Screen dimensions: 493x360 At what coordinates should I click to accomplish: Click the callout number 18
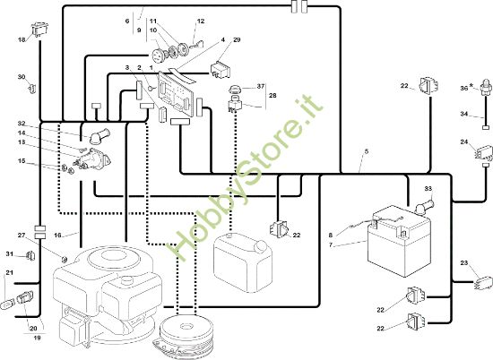[x=22, y=40]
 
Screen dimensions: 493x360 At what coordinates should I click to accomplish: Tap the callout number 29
[x=237, y=40]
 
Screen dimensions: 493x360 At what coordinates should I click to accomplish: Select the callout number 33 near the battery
[x=428, y=188]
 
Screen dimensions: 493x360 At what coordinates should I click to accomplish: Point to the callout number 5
[x=367, y=151]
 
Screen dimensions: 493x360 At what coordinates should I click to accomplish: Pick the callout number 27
[x=22, y=236]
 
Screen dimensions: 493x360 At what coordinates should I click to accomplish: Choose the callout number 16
[x=57, y=235]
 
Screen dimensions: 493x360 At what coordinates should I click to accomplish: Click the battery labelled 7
[x=400, y=240]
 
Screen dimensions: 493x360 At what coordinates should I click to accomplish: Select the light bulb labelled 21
[x=6, y=304]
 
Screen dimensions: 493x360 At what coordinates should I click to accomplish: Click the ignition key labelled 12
[x=196, y=44]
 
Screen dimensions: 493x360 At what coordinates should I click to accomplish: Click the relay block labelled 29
[x=221, y=70]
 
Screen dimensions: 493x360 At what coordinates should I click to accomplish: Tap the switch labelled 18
[x=40, y=30]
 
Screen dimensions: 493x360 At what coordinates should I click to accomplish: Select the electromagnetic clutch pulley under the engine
[x=186, y=336]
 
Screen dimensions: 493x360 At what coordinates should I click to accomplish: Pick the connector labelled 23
[x=483, y=282]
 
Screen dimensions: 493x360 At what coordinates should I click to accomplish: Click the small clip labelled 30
[x=32, y=89]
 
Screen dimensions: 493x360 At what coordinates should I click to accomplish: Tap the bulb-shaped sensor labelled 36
[x=486, y=85]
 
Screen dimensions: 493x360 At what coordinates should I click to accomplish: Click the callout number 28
[x=272, y=95]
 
